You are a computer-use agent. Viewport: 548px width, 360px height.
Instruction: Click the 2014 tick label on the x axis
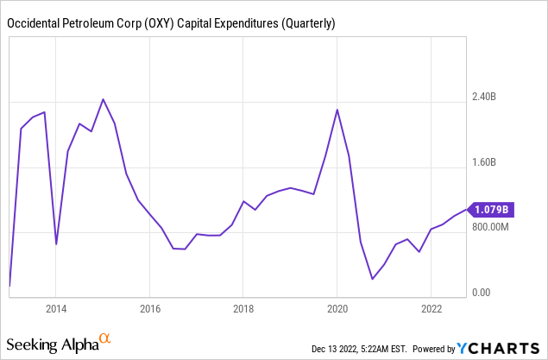pyautogui.click(x=56, y=308)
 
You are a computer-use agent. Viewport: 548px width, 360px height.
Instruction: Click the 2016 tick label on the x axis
pyautogui.click(x=150, y=308)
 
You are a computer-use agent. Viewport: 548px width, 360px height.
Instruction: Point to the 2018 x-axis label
pyautogui.click(x=243, y=308)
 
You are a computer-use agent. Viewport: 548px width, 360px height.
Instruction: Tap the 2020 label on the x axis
pyautogui.click(x=337, y=308)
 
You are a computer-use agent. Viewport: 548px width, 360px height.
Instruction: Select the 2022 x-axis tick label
pyautogui.click(x=431, y=308)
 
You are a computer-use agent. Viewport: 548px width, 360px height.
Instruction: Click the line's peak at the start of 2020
pyautogui.click(x=337, y=110)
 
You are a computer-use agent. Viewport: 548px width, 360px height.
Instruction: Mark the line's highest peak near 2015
pyautogui.click(x=103, y=99)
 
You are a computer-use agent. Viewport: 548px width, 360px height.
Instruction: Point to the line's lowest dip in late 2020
pyautogui.click(x=372, y=279)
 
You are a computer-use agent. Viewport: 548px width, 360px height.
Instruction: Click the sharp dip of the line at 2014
pyautogui.click(x=56, y=244)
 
